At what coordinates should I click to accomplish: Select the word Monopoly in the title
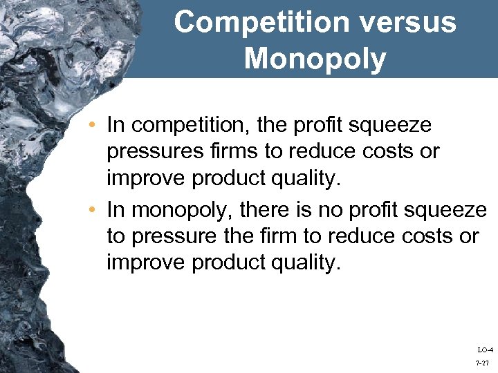[x=315, y=59]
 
